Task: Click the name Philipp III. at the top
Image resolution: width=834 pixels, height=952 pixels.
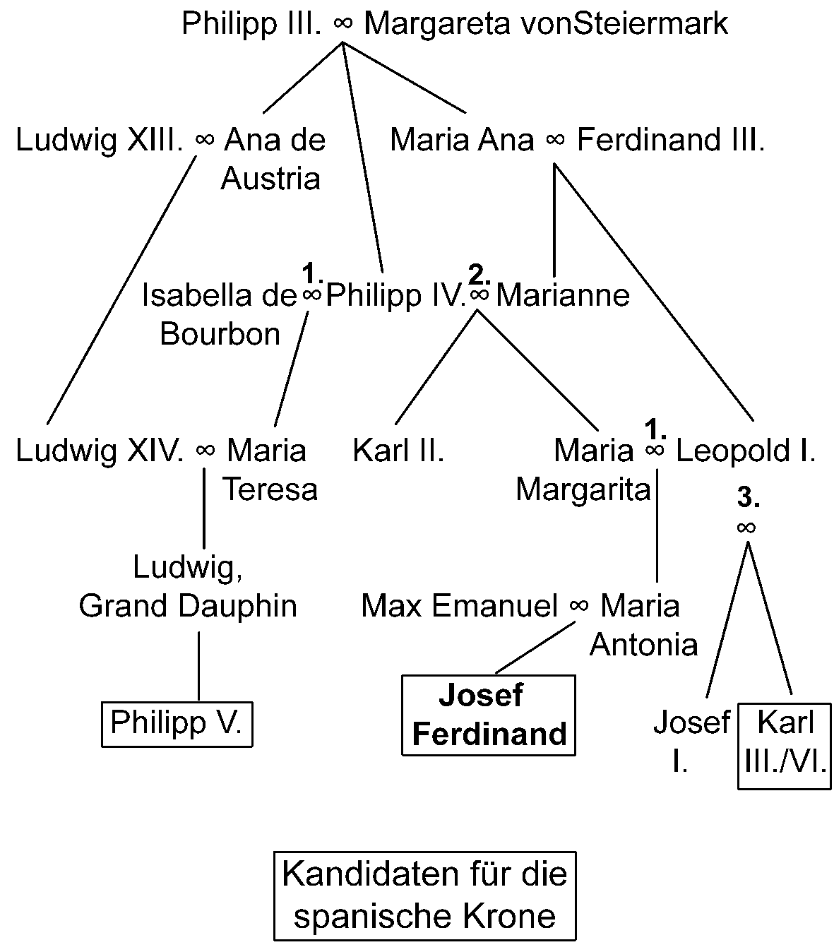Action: pyautogui.click(x=251, y=24)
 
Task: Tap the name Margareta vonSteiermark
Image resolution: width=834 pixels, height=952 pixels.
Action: pyautogui.click(x=545, y=24)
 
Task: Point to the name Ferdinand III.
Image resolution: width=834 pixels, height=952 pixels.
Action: pyautogui.click(x=671, y=140)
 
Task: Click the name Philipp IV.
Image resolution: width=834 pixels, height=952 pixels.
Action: pyautogui.click(x=395, y=294)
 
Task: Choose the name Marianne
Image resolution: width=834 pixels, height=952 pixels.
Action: pyautogui.click(x=563, y=294)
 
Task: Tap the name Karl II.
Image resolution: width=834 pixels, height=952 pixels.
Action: pyautogui.click(x=398, y=450)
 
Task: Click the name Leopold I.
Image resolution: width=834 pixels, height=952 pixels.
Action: pyautogui.click(x=746, y=450)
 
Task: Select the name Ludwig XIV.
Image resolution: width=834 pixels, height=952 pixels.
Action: pyautogui.click(x=100, y=450)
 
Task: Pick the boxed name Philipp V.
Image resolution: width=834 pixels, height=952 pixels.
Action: pyautogui.click(x=177, y=723)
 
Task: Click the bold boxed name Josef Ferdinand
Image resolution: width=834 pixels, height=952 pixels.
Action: pyautogui.click(x=489, y=715)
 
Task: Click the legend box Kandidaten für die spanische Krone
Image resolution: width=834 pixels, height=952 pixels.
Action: pyautogui.click(x=424, y=896)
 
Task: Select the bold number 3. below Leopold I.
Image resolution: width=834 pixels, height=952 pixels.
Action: pyautogui.click(x=748, y=499)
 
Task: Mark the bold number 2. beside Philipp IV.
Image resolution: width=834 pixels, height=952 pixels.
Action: pyautogui.click(x=479, y=272)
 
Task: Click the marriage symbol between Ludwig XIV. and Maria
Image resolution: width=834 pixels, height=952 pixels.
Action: pyautogui.click(x=205, y=451)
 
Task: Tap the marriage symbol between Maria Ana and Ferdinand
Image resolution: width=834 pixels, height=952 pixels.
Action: pyautogui.click(x=555, y=141)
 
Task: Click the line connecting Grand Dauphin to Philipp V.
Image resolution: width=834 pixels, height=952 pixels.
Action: pyautogui.click(x=198, y=665)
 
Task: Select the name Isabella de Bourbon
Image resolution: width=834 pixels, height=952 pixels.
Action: pyautogui.click(x=219, y=314)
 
